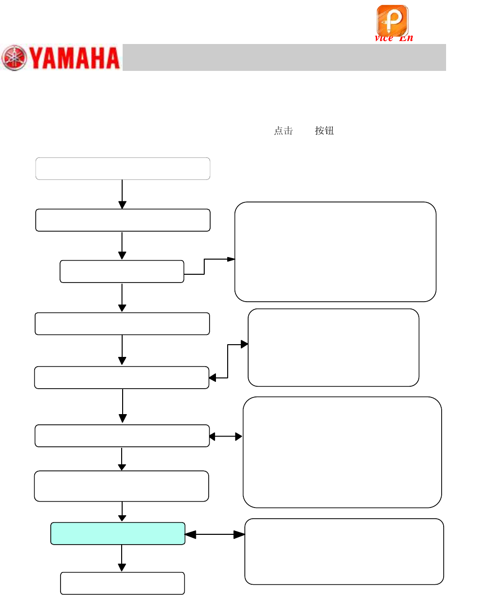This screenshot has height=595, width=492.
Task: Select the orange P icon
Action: point(392,20)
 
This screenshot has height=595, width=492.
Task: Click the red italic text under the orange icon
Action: point(394,38)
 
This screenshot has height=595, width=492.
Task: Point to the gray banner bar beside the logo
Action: point(284,57)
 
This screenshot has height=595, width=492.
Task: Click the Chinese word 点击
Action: point(283,131)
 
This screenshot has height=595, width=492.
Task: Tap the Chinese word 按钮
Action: point(324,131)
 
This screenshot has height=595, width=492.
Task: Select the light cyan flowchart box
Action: point(118,533)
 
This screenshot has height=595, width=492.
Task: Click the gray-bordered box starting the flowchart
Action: point(123,169)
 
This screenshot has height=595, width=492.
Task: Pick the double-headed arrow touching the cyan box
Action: point(215,535)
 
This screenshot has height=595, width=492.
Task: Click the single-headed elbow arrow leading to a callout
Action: point(205,266)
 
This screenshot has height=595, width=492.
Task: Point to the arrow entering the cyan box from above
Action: point(122,512)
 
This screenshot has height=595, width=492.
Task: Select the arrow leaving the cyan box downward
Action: point(122,558)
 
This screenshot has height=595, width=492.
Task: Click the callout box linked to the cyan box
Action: point(344,551)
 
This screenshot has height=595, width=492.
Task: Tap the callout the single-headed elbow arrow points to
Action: point(335,251)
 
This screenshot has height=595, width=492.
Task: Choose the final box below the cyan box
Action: point(122,583)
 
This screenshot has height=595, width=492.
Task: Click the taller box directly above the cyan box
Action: point(122,486)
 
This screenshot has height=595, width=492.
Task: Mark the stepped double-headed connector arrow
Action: point(228,361)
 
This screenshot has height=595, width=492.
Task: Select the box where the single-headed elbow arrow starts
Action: point(122,271)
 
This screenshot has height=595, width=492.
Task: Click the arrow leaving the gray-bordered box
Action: point(122,194)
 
